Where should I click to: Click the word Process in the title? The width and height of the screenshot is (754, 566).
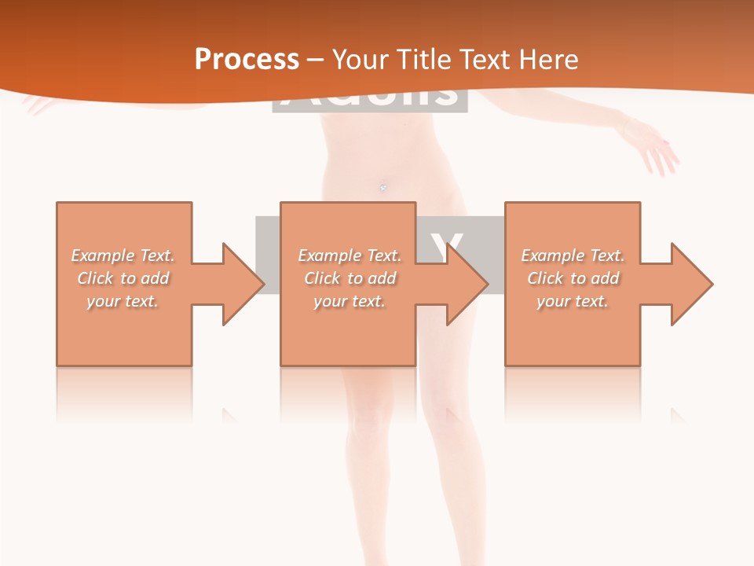coord(247,60)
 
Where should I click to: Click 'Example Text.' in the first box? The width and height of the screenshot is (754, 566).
coord(123,255)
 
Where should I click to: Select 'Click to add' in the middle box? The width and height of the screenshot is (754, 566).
coord(350,278)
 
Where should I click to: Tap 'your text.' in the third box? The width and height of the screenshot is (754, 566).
coord(573,301)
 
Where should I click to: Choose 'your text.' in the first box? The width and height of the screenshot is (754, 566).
coord(123,301)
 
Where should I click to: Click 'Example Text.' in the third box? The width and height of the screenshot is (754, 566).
coord(573,255)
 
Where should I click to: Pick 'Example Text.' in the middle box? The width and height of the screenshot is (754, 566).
coord(350,255)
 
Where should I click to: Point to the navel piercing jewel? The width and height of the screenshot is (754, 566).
coord(383,186)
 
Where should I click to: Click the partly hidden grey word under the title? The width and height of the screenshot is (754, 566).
coord(369,97)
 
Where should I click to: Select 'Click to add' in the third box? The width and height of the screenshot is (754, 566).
coord(573,278)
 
